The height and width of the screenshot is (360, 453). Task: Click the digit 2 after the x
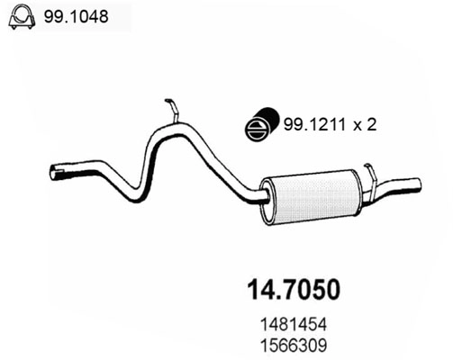pos(370,127)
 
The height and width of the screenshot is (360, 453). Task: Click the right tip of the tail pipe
pos(419,184)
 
